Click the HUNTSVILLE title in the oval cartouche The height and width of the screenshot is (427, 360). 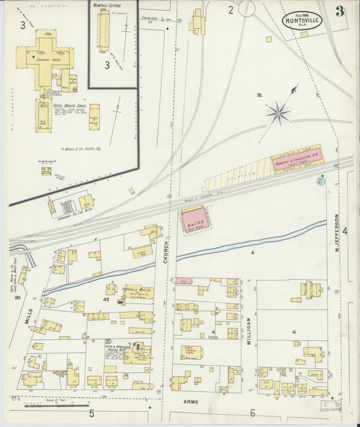(302, 20)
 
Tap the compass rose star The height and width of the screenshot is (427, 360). (278, 112)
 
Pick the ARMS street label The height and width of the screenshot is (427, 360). (191, 401)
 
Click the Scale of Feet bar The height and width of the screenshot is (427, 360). (47, 405)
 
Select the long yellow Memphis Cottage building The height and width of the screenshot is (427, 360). (103, 28)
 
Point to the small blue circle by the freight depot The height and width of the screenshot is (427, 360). (320, 180)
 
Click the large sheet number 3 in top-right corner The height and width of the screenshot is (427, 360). (339, 11)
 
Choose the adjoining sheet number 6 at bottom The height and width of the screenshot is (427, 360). (253, 413)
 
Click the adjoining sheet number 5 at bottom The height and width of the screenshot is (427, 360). (91, 413)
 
